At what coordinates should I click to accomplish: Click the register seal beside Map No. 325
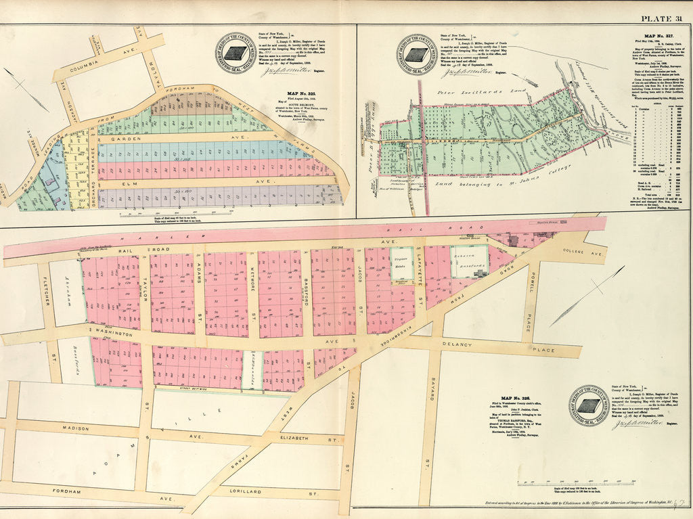click(235, 53)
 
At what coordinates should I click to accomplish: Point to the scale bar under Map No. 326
click(557, 483)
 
